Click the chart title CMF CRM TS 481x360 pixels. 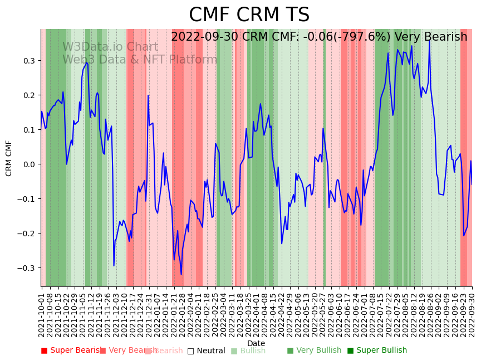coord(249,15)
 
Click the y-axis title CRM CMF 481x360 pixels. coord(9,158)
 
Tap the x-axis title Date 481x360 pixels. coord(256,343)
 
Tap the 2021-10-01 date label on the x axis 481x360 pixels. coord(41,312)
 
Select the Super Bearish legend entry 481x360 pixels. coord(72,351)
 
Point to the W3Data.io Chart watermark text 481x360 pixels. coord(110,47)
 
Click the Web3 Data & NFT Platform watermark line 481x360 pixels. coord(139,60)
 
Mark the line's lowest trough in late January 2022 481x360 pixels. coord(181,274)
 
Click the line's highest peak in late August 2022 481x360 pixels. coord(429,40)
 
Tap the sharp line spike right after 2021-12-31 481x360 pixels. coord(148,95)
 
